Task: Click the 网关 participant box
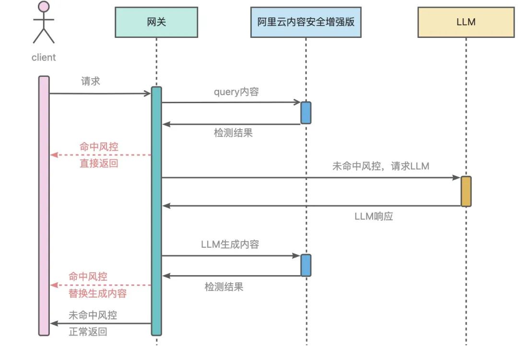[156, 22]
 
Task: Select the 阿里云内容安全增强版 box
[306, 22]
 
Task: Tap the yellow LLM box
[466, 22]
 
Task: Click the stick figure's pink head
[44, 7]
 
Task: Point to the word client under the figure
[44, 58]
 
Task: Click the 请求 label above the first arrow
[91, 81]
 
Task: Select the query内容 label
[236, 92]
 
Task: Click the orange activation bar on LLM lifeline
[466, 191]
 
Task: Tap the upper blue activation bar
[306, 112]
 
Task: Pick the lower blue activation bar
[306, 265]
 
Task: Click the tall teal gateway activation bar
[156, 211]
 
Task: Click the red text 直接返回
[98, 163]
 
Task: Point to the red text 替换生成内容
[98, 293]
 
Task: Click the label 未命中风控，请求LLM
[380, 167]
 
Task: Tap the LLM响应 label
[374, 216]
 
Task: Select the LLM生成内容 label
[230, 244]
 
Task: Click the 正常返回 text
[88, 332]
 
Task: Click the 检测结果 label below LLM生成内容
[224, 287]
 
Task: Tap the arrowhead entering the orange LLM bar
[457, 178]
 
